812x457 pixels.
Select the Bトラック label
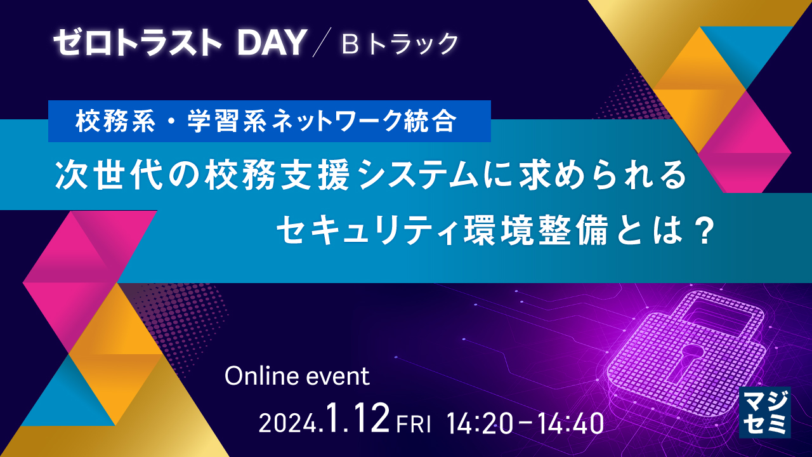click(x=400, y=43)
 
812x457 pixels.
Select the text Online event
click(x=297, y=376)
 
